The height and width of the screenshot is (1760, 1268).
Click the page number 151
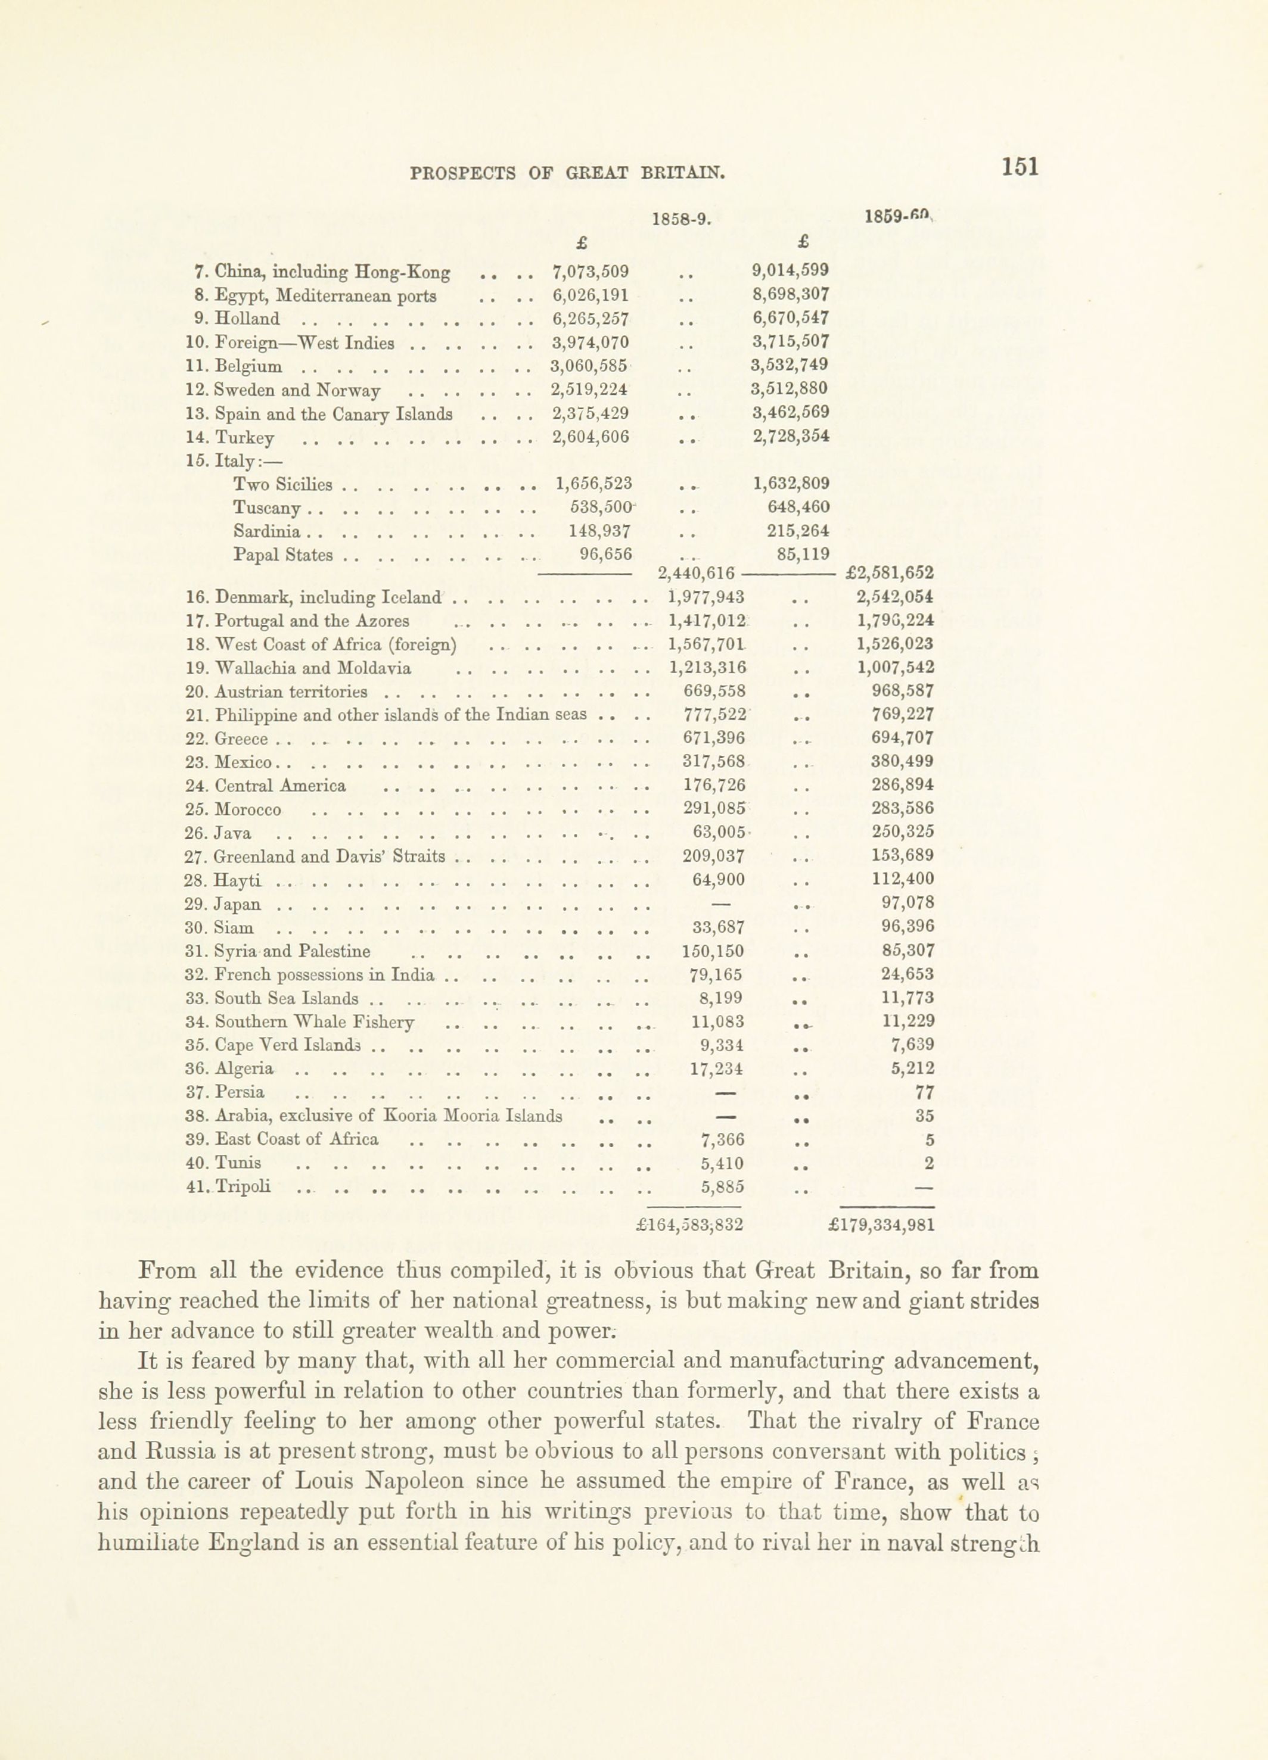point(1020,167)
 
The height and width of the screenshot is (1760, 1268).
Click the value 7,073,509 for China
point(590,272)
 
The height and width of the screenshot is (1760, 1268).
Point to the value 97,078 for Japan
point(909,902)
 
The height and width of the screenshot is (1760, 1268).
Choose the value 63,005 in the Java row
point(719,833)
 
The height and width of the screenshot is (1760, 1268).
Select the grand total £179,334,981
point(881,1225)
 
